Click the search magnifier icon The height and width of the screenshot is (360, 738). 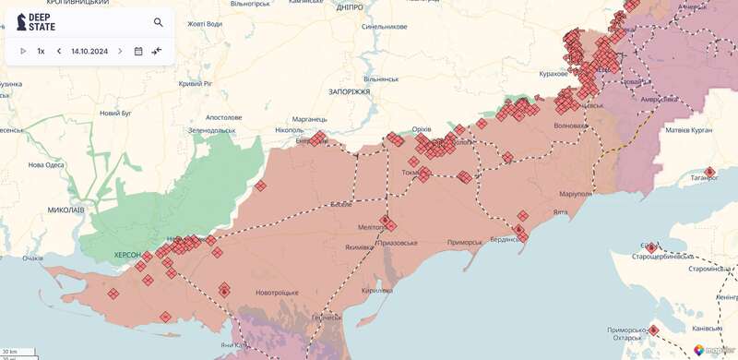[x=159, y=22]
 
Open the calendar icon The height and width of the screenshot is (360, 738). [x=138, y=51]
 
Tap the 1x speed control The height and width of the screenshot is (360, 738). [x=41, y=51]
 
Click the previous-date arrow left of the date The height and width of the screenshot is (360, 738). [x=59, y=51]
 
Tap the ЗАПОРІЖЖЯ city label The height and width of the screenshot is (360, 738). [x=349, y=92]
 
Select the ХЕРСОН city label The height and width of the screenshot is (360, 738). [x=126, y=254]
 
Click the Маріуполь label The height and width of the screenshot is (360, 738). [x=575, y=195]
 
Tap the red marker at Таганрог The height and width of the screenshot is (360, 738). [x=709, y=172]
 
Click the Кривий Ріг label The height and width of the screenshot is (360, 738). [x=196, y=84]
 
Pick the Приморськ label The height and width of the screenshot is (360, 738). [x=464, y=242]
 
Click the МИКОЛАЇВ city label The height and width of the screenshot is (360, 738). [x=65, y=210]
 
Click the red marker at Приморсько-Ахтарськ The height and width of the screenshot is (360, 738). [x=654, y=330]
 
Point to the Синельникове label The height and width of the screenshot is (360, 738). [x=386, y=27]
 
